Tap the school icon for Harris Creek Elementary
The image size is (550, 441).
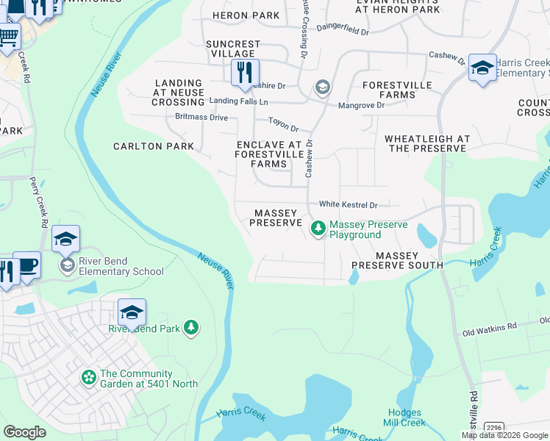point(482,68)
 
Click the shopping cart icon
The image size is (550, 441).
point(8,35)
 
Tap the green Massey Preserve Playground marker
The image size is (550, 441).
point(318,229)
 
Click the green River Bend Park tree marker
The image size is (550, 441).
point(191,327)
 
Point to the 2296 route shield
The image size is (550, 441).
point(494,427)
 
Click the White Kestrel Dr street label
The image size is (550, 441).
point(348,205)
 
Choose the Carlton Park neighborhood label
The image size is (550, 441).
point(153,146)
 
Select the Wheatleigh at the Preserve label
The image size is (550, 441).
point(427,143)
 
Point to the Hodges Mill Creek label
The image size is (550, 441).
point(404,417)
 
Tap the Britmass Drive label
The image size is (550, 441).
point(201,118)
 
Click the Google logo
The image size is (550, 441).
point(24,432)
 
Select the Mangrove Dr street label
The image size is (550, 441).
point(361,106)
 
